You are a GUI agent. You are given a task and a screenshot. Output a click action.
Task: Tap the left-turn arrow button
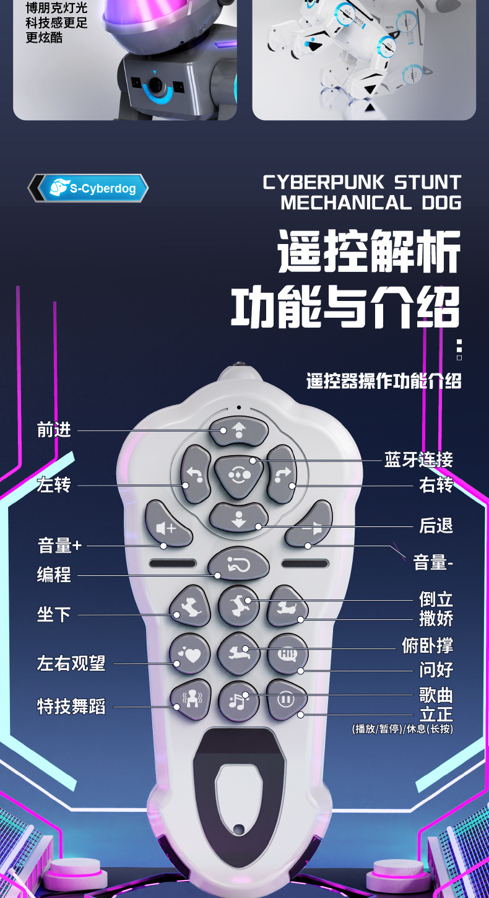pyautogui.click(x=196, y=474)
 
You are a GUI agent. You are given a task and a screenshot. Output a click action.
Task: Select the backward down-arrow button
pyautogui.click(x=239, y=518)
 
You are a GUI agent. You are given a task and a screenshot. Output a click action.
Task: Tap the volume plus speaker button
pyautogui.click(x=168, y=527)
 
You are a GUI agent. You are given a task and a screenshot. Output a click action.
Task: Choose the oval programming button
pyautogui.click(x=239, y=563)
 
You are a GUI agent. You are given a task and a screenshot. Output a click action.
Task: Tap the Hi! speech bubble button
pyautogui.click(x=287, y=653)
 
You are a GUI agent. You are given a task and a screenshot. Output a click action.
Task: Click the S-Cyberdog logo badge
pyautogui.click(x=88, y=188)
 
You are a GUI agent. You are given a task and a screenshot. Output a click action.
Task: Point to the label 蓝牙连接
pyautogui.click(x=418, y=460)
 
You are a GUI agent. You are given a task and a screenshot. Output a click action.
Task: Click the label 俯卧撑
pyautogui.click(x=427, y=645)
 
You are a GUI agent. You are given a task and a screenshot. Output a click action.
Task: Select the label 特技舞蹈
pyautogui.click(x=71, y=706)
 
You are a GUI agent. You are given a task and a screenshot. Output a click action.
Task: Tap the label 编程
pyautogui.click(x=54, y=575)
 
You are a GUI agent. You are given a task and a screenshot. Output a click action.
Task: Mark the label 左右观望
pyautogui.click(x=71, y=663)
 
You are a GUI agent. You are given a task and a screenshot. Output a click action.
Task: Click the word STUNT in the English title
pyautogui.click(x=428, y=183)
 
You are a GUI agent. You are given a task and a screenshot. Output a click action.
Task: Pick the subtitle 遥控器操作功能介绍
pyautogui.click(x=384, y=381)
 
